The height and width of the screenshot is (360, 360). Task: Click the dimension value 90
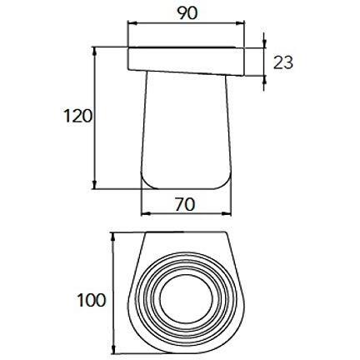(x=187, y=13)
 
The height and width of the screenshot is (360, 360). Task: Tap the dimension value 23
(x=283, y=62)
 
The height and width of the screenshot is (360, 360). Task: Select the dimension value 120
(x=77, y=116)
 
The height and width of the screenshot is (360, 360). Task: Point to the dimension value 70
(x=185, y=205)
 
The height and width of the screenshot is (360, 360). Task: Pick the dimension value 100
(x=92, y=300)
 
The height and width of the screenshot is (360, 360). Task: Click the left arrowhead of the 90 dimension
(x=132, y=24)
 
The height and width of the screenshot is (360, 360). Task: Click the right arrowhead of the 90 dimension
(x=240, y=24)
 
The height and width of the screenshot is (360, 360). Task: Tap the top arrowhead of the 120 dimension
(x=95, y=52)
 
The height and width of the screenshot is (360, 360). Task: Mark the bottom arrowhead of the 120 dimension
(x=95, y=184)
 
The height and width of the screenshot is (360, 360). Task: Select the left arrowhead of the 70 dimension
(x=146, y=213)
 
